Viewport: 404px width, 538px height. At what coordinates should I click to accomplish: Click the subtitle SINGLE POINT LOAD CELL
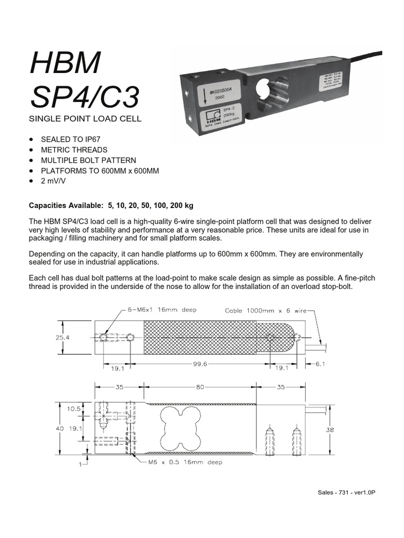point(85,119)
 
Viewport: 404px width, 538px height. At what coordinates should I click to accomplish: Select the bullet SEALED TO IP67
point(71,139)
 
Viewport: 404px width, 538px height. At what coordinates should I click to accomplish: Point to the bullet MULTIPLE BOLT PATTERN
point(88,160)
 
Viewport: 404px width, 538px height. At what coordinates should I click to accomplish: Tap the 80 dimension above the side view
point(200,388)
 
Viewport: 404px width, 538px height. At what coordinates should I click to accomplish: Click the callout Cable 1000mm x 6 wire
point(266,311)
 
